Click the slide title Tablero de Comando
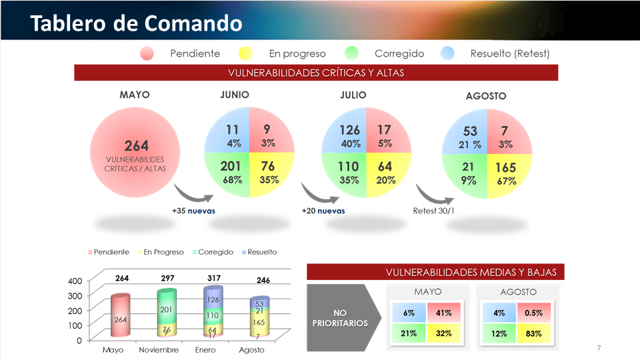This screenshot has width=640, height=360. click(x=136, y=24)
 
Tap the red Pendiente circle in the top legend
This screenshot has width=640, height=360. click(x=147, y=53)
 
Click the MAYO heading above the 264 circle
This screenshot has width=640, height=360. click(x=135, y=95)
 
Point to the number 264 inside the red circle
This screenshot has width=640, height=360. click(x=137, y=145)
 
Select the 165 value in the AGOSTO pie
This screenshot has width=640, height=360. click(x=506, y=168)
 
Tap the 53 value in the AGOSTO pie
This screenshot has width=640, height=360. click(x=470, y=131)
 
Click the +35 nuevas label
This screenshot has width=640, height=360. click(x=193, y=211)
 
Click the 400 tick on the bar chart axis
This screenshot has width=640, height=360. click(x=75, y=281)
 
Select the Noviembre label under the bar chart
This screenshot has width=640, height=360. click(x=157, y=350)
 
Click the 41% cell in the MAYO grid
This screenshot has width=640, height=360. click(x=443, y=313)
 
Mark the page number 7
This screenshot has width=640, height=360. click(x=599, y=349)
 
